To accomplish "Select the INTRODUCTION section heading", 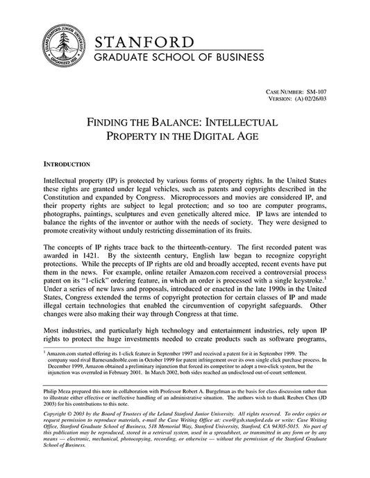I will tap(67, 165).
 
